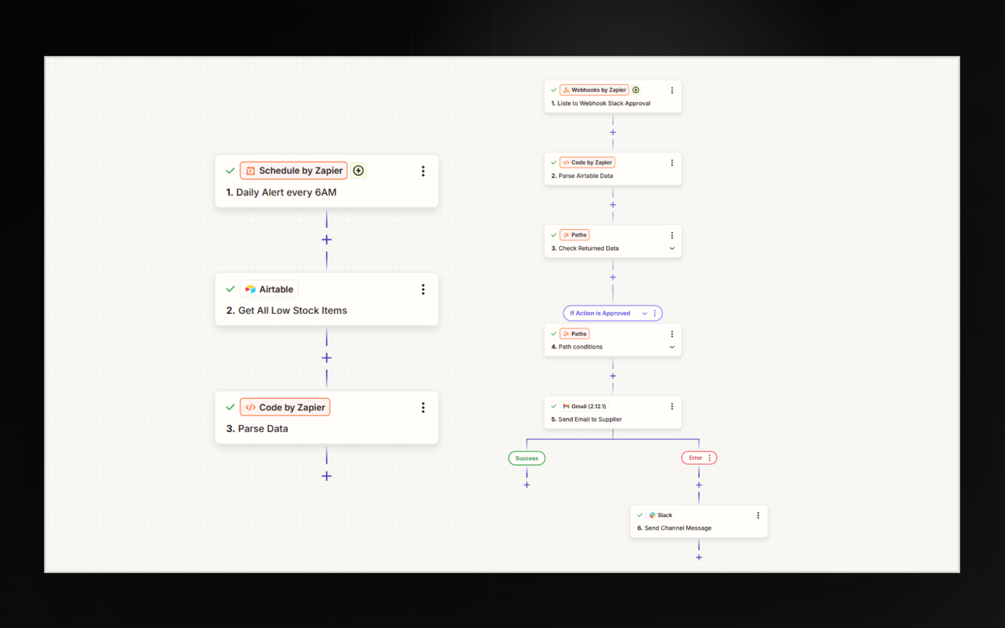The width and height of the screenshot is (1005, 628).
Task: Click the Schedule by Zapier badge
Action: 293,170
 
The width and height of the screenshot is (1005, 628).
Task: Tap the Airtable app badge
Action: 269,290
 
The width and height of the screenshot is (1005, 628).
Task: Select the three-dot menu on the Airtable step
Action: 423,290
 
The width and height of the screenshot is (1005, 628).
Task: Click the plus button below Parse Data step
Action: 327,476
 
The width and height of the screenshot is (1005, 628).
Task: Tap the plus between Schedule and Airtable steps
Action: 327,239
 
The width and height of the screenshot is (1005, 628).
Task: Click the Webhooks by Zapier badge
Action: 594,90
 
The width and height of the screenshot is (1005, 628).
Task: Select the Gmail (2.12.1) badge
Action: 585,406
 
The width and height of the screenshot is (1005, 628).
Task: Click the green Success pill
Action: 527,458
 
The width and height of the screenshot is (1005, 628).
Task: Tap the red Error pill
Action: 699,458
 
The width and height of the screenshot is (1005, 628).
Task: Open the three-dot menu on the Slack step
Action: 758,516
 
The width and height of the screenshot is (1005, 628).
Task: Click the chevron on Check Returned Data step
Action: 672,249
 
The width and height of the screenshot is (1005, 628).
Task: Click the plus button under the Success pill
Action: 527,485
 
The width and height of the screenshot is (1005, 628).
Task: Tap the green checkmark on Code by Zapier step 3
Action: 230,408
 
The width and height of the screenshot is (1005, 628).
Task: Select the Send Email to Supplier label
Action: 590,420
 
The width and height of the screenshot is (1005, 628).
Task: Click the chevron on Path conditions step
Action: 672,347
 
